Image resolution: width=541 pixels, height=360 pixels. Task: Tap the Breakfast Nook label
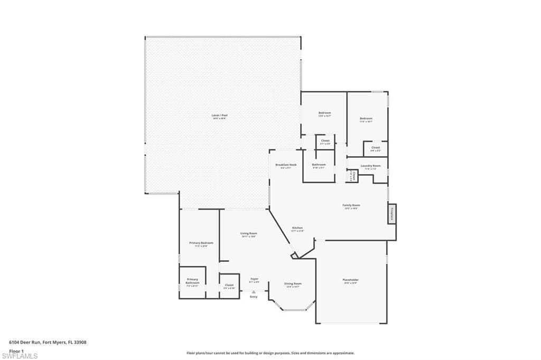pyautogui.click(x=286, y=165)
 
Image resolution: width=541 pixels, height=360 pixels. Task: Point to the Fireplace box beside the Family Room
pyautogui.click(x=392, y=214)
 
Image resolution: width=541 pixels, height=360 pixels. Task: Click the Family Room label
pyautogui.click(x=351, y=205)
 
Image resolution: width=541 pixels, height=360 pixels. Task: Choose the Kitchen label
pyautogui.click(x=297, y=228)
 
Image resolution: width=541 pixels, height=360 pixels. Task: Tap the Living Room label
pyautogui.click(x=249, y=233)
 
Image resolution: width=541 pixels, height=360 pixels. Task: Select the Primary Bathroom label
pyautogui.click(x=192, y=281)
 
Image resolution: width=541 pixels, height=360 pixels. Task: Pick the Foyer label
pyautogui.click(x=254, y=279)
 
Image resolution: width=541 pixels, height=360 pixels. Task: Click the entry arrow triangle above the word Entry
pyautogui.click(x=254, y=291)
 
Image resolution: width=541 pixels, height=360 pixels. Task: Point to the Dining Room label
pyautogui.click(x=293, y=284)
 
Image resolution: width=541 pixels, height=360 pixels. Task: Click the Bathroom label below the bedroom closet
pyautogui.click(x=319, y=165)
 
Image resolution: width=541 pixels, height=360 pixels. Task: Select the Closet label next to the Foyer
pyautogui.click(x=229, y=285)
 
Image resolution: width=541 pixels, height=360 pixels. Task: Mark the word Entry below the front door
pyautogui.click(x=254, y=297)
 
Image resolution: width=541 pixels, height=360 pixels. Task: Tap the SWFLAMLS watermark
pyautogui.click(x=20, y=356)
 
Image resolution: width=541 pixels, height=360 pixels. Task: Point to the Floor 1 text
pyautogui.click(x=16, y=350)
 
